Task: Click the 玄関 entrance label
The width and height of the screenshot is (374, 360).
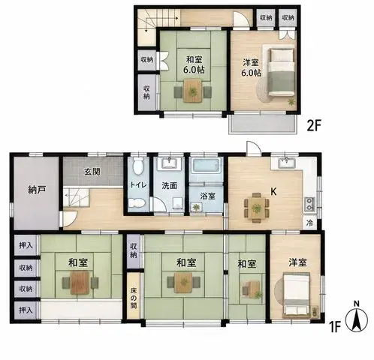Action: (92, 172)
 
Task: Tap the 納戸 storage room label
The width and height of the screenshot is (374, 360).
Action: (37, 190)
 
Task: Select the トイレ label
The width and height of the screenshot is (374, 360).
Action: (138, 185)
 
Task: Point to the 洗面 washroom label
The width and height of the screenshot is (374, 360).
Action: (169, 185)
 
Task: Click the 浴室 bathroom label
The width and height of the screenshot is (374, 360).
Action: (208, 196)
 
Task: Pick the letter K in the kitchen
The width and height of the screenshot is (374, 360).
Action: (273, 192)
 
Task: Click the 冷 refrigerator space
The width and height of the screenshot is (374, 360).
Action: (309, 223)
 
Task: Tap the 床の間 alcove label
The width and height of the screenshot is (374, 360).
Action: (133, 298)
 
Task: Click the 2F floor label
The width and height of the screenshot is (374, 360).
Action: (314, 126)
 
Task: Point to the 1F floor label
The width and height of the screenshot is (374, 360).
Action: (335, 326)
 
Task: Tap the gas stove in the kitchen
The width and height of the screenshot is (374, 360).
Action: (309, 205)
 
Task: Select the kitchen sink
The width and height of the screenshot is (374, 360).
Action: (287, 163)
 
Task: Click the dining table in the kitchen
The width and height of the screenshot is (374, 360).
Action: (256, 208)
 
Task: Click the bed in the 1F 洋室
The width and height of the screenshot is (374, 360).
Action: (297, 295)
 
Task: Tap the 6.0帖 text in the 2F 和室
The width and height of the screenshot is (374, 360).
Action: (194, 70)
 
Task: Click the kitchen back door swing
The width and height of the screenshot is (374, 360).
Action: (254, 148)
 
